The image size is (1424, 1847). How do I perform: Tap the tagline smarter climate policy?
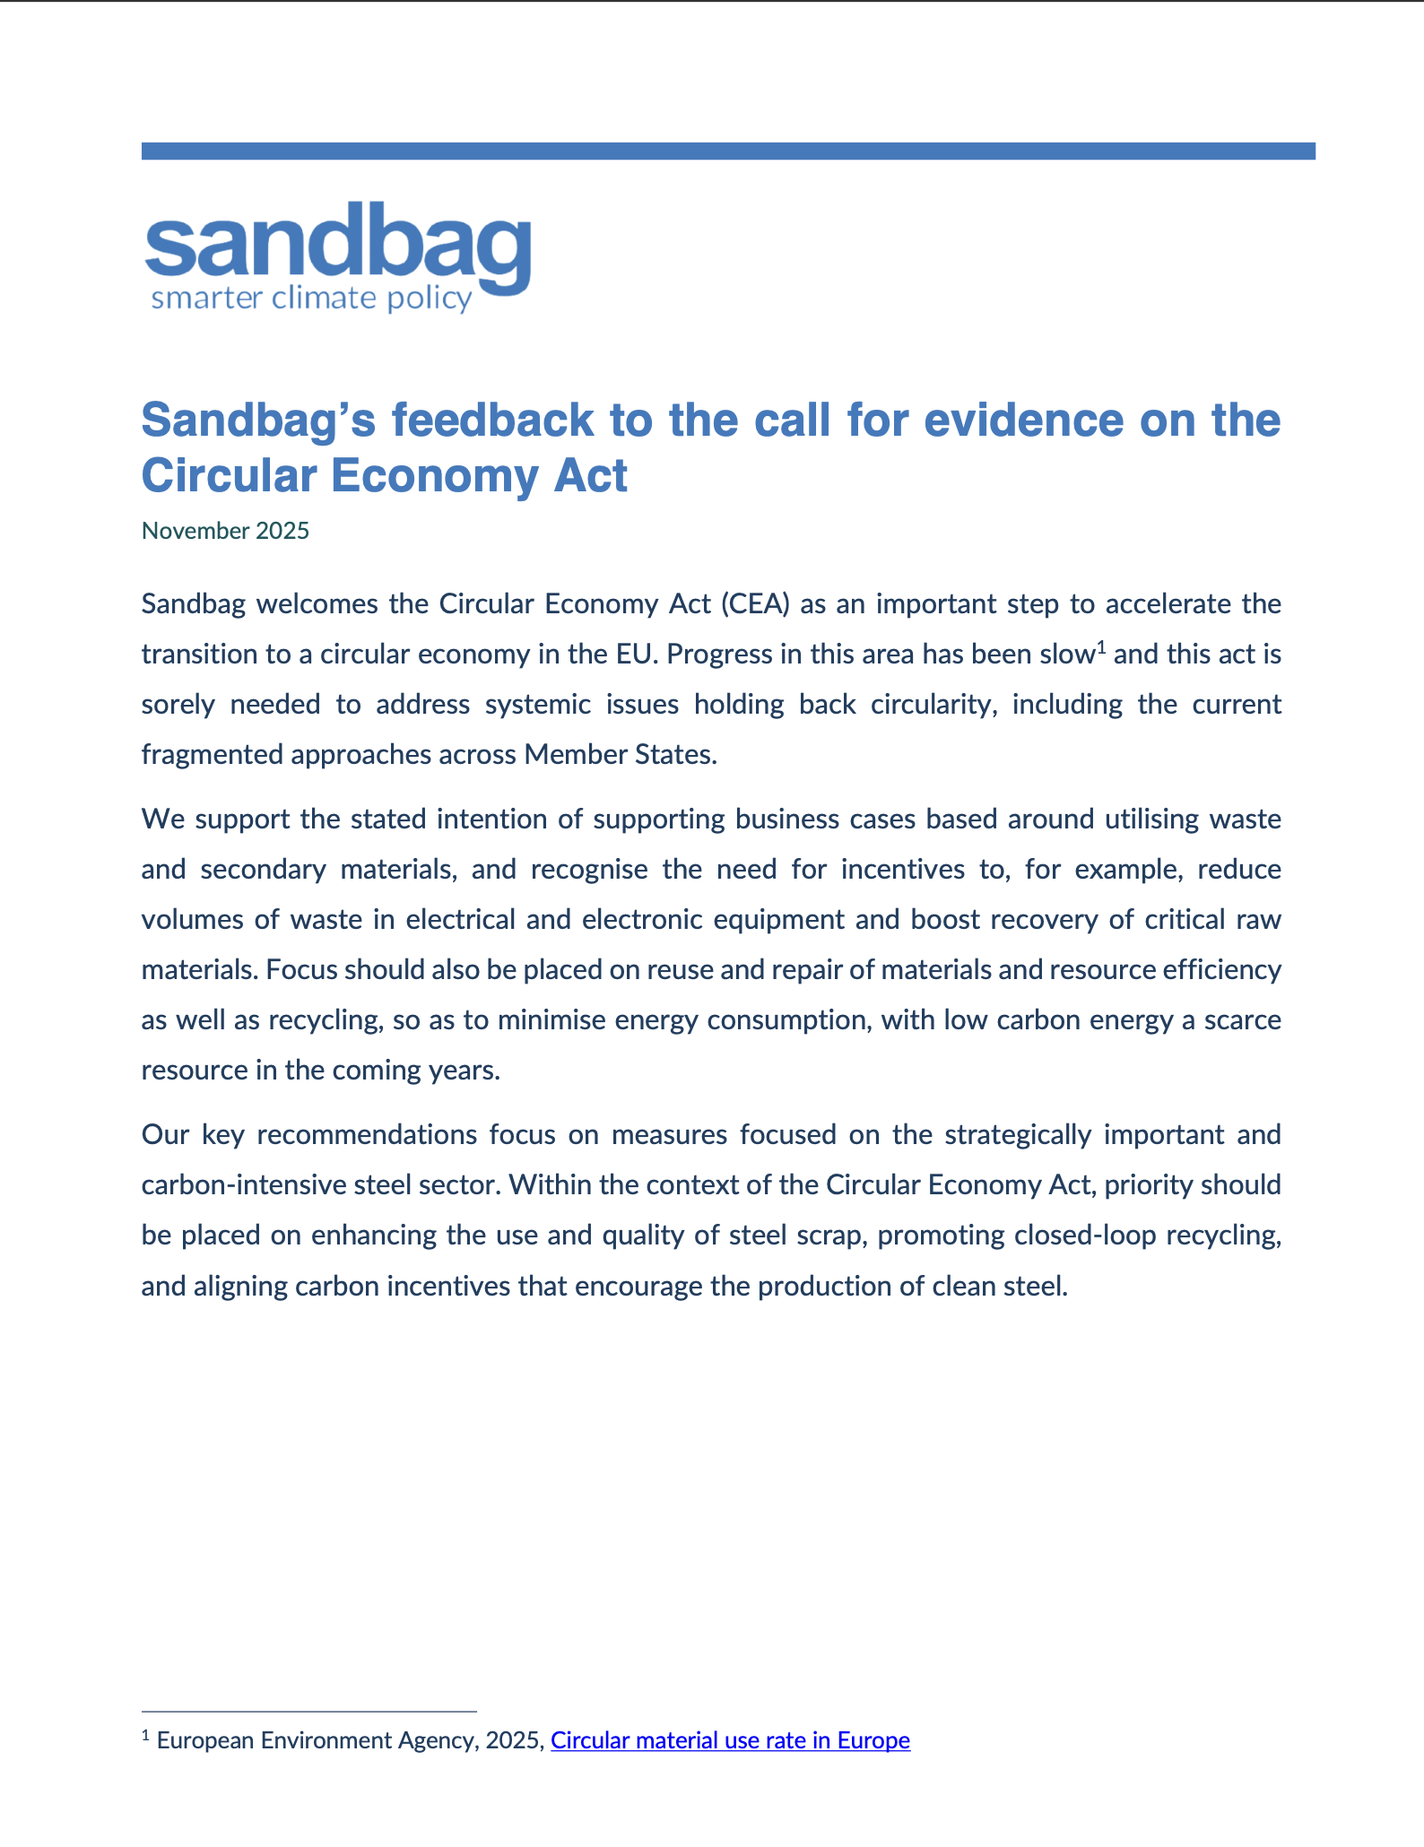(311, 299)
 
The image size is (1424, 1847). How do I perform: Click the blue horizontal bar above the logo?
(728, 151)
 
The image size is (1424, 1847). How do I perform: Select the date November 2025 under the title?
(225, 531)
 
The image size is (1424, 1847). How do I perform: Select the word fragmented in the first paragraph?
(210, 755)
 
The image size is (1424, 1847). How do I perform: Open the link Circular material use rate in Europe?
(730, 1740)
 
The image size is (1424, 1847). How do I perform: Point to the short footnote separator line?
(308, 1712)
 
